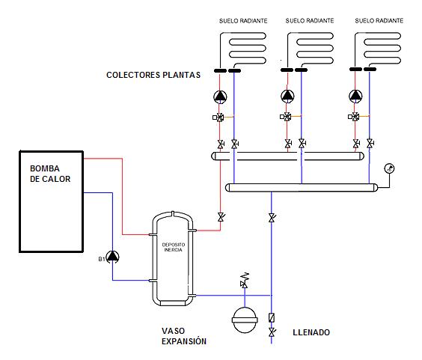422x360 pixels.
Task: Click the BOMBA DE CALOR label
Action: click(50, 174)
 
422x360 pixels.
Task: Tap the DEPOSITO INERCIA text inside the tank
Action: click(174, 247)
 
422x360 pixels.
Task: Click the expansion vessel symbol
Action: click(245, 320)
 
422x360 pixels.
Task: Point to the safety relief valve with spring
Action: click(245, 280)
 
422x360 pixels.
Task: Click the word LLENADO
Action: click(311, 332)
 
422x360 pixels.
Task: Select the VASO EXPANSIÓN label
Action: click(184, 336)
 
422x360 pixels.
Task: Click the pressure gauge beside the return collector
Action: click(389, 168)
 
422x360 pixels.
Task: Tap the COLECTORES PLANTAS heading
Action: click(153, 75)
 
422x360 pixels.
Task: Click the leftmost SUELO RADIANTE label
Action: click(243, 21)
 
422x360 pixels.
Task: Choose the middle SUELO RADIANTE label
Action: click(310, 21)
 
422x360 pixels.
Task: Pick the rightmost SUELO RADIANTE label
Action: click(379, 21)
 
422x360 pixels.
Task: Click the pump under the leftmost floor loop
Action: click(220, 97)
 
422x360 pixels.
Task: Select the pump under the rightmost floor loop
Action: click(355, 96)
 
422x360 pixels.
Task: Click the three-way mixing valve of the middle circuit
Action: click(287, 117)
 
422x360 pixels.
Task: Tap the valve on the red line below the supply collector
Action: click(221, 217)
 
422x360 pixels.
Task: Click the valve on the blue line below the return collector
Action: click(272, 218)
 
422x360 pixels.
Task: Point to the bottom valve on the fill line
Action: click(272, 332)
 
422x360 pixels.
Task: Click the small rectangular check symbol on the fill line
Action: click(272, 317)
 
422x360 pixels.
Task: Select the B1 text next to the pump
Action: click(102, 259)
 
